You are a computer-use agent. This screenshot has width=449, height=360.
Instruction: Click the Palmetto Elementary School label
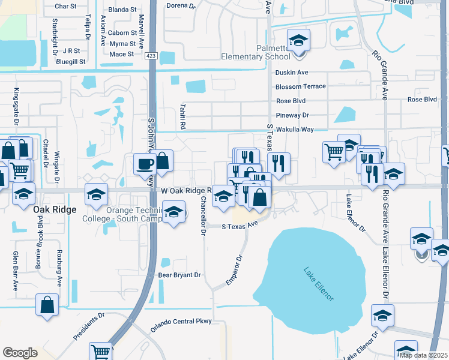256,52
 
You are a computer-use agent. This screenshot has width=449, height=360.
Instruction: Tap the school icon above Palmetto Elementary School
298,41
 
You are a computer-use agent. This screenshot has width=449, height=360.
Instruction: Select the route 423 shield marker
151,55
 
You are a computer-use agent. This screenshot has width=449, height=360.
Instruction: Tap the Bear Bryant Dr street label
179,275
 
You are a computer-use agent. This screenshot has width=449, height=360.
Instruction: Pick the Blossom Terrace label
300,86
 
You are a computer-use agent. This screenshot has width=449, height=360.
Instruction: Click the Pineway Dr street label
292,115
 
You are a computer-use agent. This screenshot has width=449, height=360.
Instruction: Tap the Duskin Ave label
291,73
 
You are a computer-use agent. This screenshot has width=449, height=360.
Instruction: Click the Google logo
20,353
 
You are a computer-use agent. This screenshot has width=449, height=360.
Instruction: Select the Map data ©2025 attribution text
423,355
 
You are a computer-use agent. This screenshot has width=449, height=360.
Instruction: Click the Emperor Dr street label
234,271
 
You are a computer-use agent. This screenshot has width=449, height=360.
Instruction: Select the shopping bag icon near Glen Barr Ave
47,305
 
